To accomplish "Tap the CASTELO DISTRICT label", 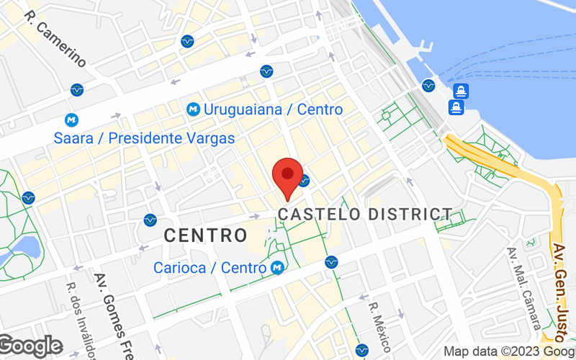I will (x=365, y=214).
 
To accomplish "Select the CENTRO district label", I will (x=205, y=235).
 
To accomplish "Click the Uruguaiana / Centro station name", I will (x=273, y=109).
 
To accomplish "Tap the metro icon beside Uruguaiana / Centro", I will (x=193, y=109).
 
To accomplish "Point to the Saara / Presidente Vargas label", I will (x=144, y=138).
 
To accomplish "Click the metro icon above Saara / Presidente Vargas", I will (x=71, y=120).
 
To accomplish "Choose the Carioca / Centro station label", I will (x=210, y=268).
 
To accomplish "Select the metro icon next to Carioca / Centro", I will (x=276, y=268).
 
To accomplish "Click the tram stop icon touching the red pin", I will (x=305, y=180).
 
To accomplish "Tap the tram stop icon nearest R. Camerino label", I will (x=77, y=90).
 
